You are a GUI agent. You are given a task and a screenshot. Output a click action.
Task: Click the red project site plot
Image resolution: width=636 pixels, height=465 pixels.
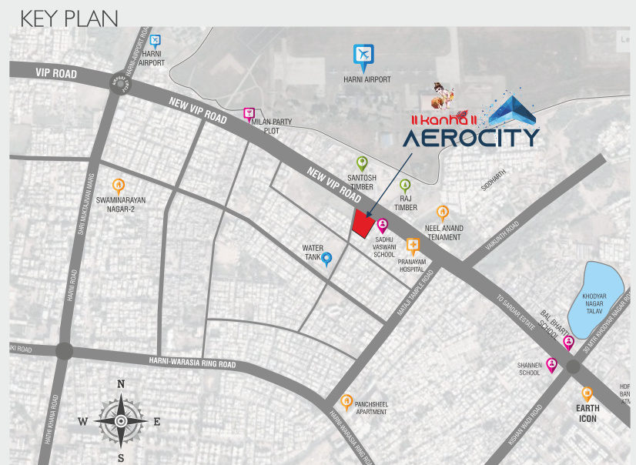364,222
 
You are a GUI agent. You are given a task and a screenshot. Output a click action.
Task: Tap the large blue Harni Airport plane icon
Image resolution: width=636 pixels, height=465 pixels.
363,55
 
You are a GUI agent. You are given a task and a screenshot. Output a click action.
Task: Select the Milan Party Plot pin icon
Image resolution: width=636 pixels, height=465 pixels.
249,115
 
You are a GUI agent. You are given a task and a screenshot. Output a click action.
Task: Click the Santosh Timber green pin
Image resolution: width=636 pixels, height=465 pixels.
362,163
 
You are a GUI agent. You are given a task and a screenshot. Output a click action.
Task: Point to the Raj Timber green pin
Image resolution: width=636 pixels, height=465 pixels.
405,186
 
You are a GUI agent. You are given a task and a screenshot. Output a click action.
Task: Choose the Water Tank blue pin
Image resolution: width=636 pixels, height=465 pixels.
327,259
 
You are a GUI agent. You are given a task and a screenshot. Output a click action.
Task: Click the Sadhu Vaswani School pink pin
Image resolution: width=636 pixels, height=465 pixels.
382,225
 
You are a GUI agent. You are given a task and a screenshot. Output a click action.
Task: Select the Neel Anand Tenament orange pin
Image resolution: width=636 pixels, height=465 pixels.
442,212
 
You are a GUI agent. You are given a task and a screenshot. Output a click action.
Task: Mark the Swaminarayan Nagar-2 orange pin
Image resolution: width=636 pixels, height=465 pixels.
118,185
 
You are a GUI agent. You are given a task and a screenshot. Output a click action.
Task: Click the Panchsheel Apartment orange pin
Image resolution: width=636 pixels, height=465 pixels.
347,401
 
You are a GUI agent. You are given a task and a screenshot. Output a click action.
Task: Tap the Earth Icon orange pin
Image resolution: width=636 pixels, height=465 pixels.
587,393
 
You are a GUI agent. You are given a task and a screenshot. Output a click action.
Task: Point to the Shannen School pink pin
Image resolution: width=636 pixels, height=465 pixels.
551,365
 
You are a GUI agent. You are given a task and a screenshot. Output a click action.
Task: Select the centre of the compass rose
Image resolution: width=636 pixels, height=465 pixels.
122,421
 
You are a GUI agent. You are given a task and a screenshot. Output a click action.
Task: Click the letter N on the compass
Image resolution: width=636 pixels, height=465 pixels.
121,383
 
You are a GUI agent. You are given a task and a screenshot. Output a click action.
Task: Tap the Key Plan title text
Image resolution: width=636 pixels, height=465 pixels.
69,18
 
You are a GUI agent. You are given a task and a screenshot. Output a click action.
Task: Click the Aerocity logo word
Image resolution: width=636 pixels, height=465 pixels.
470,138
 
